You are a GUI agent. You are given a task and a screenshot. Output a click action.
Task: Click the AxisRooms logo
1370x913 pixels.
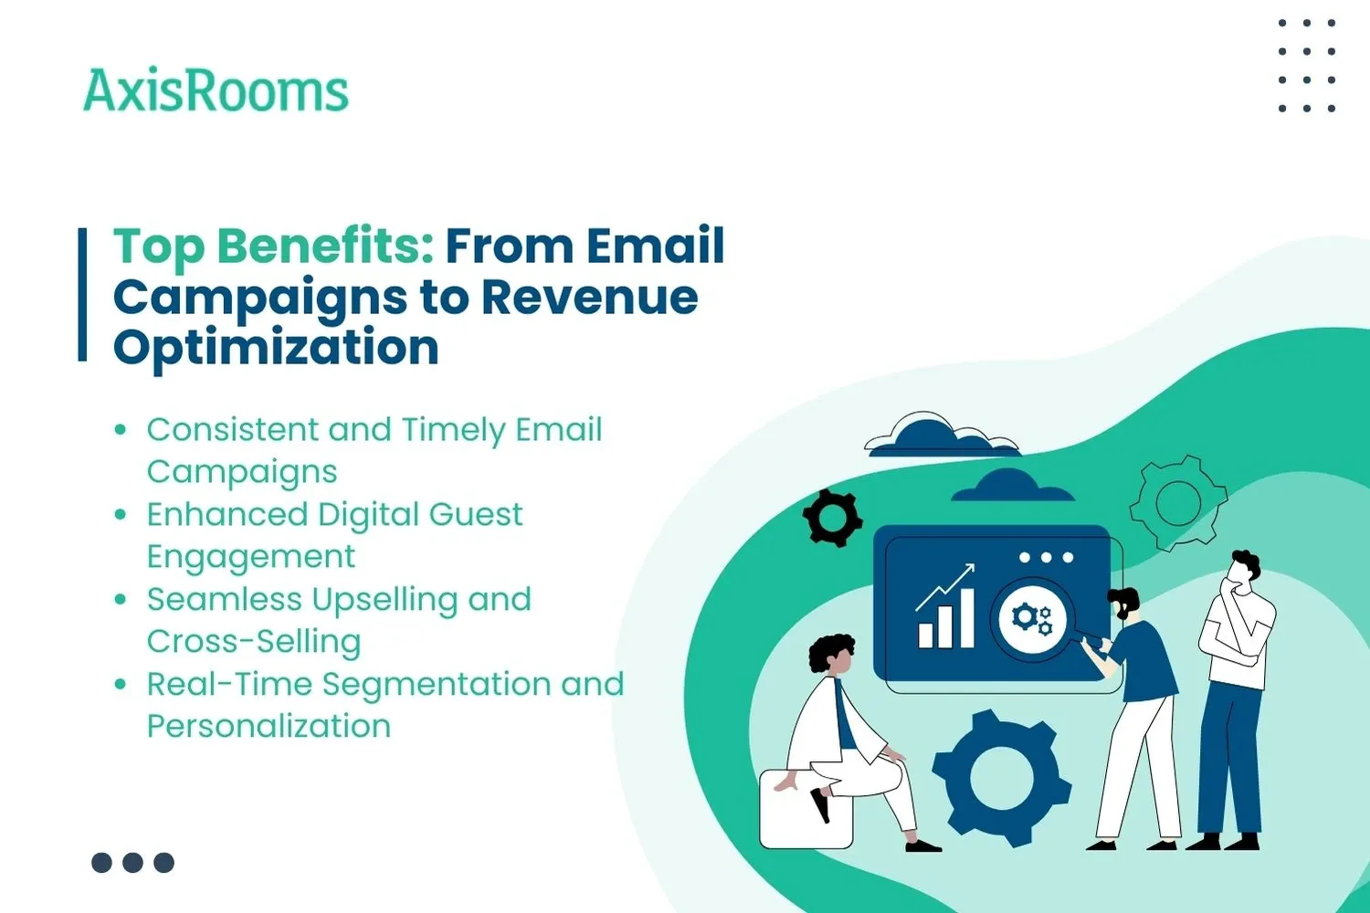pyautogui.click(x=216, y=91)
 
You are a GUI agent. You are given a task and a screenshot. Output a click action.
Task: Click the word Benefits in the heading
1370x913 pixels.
pyautogui.click(x=324, y=247)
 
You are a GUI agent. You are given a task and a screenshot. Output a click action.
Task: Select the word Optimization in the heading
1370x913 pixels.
pyautogui.click(x=276, y=348)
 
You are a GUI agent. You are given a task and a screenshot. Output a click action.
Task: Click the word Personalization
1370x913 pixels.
pyautogui.click(x=269, y=727)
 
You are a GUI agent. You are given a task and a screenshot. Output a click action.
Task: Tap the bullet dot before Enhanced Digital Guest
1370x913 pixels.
pyautogui.click(x=121, y=515)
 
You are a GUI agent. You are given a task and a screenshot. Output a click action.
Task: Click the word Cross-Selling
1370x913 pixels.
pyautogui.click(x=254, y=642)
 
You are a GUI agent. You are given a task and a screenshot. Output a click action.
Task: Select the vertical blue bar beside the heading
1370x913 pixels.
pyautogui.click(x=82, y=294)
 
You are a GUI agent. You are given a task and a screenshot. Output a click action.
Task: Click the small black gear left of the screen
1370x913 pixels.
pyautogui.click(x=832, y=518)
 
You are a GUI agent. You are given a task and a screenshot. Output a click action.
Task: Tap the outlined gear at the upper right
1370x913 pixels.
pyautogui.click(x=1177, y=502)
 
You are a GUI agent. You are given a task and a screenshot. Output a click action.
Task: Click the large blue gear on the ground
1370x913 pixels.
pyautogui.click(x=1001, y=778)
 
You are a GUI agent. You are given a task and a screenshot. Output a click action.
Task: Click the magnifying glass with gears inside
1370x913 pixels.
pyautogui.click(x=1032, y=618)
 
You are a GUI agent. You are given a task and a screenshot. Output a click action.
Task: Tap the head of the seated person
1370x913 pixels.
pyautogui.click(x=831, y=654)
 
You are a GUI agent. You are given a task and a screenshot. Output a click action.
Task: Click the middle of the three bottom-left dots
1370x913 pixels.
pyautogui.click(x=132, y=863)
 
